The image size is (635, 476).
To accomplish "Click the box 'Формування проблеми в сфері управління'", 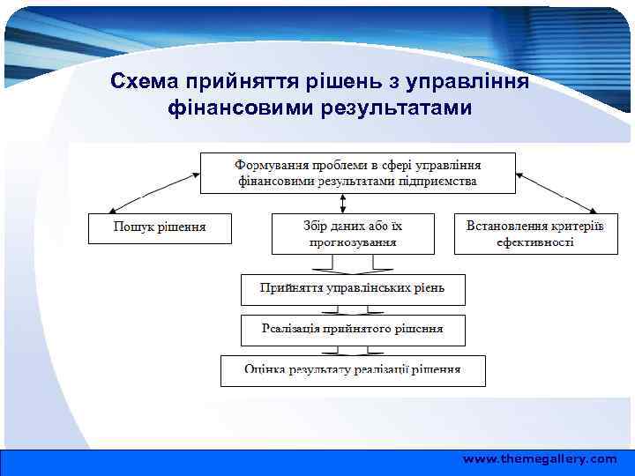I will click(357, 173).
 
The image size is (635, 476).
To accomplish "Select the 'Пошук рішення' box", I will click(160, 227).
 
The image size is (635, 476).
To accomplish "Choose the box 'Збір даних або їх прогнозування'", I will click(353, 233).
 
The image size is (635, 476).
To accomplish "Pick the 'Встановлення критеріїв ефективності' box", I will click(535, 233).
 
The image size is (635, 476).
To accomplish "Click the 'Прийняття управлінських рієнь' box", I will click(353, 288).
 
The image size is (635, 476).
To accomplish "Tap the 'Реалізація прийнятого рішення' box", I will click(353, 330).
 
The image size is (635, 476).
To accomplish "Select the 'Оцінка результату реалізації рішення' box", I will click(353, 369).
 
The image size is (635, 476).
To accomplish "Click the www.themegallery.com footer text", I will click(540, 459).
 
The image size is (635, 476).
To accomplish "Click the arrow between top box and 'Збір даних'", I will click(353, 203).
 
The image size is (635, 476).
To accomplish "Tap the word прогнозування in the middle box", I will click(353, 241).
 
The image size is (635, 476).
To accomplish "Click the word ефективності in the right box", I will click(535, 242).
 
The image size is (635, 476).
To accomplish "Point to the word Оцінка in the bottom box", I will click(264, 369).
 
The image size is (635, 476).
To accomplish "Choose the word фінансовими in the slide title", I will click(231, 108).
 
